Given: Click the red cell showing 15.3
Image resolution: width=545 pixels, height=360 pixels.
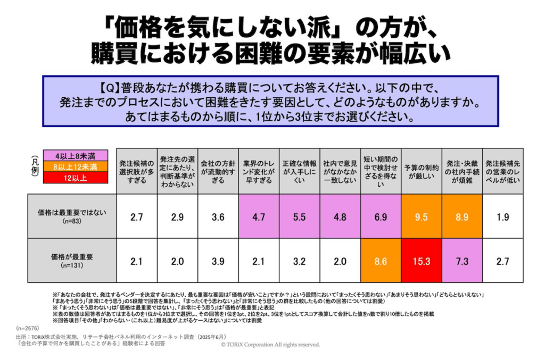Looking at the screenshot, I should point(422,261).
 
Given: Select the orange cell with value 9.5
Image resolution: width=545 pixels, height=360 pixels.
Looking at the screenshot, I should point(422,216).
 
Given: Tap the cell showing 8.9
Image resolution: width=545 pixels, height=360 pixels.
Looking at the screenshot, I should point(462,216).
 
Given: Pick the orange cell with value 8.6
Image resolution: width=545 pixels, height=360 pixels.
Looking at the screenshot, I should point(381,261).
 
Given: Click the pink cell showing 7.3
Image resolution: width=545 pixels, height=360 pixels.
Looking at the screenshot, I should point(462,261).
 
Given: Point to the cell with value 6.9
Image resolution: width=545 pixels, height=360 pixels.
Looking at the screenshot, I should point(381,216).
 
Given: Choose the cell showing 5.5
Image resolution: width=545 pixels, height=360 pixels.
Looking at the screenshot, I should point(299,216).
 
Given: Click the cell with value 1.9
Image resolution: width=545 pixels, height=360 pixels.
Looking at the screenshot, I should point(503,216).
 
